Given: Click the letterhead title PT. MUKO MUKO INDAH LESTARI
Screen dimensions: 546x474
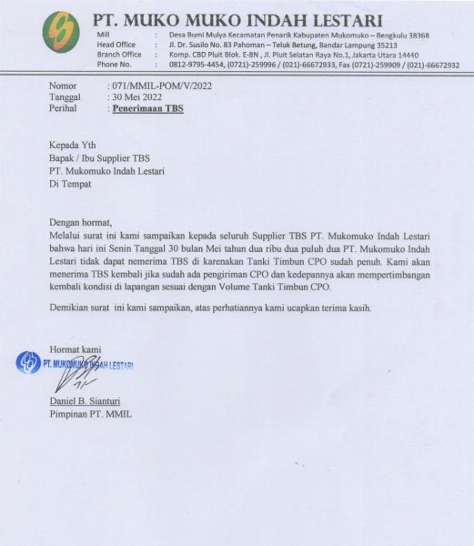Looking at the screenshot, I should point(238,20).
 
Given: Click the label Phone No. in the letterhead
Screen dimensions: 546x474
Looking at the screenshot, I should point(114,66).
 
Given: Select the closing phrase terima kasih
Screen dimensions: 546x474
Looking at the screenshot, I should point(348,308).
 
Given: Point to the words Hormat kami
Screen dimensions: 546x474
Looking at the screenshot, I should point(76,349).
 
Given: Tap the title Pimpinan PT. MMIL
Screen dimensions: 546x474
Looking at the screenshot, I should point(91,415).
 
